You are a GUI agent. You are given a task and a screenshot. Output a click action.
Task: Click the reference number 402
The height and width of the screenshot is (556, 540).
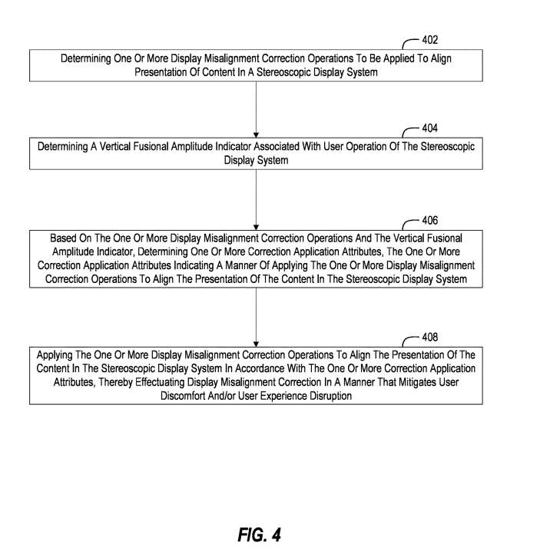(430, 40)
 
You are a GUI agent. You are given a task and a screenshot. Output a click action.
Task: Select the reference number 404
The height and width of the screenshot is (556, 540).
(430, 128)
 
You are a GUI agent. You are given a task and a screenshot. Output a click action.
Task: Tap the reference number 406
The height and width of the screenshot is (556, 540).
(430, 220)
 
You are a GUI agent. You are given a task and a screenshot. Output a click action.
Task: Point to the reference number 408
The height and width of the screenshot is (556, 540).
(430, 337)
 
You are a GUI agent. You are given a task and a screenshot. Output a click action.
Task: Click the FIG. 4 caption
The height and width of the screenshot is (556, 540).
(259, 534)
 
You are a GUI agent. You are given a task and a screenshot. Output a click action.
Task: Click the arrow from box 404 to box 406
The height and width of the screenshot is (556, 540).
(256, 199)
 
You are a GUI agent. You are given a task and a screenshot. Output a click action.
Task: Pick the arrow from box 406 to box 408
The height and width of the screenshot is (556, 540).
(256, 317)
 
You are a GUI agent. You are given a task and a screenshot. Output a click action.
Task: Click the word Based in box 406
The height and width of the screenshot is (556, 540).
(65, 238)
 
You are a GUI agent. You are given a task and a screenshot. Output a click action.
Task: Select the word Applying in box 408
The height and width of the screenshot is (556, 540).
(58, 355)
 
